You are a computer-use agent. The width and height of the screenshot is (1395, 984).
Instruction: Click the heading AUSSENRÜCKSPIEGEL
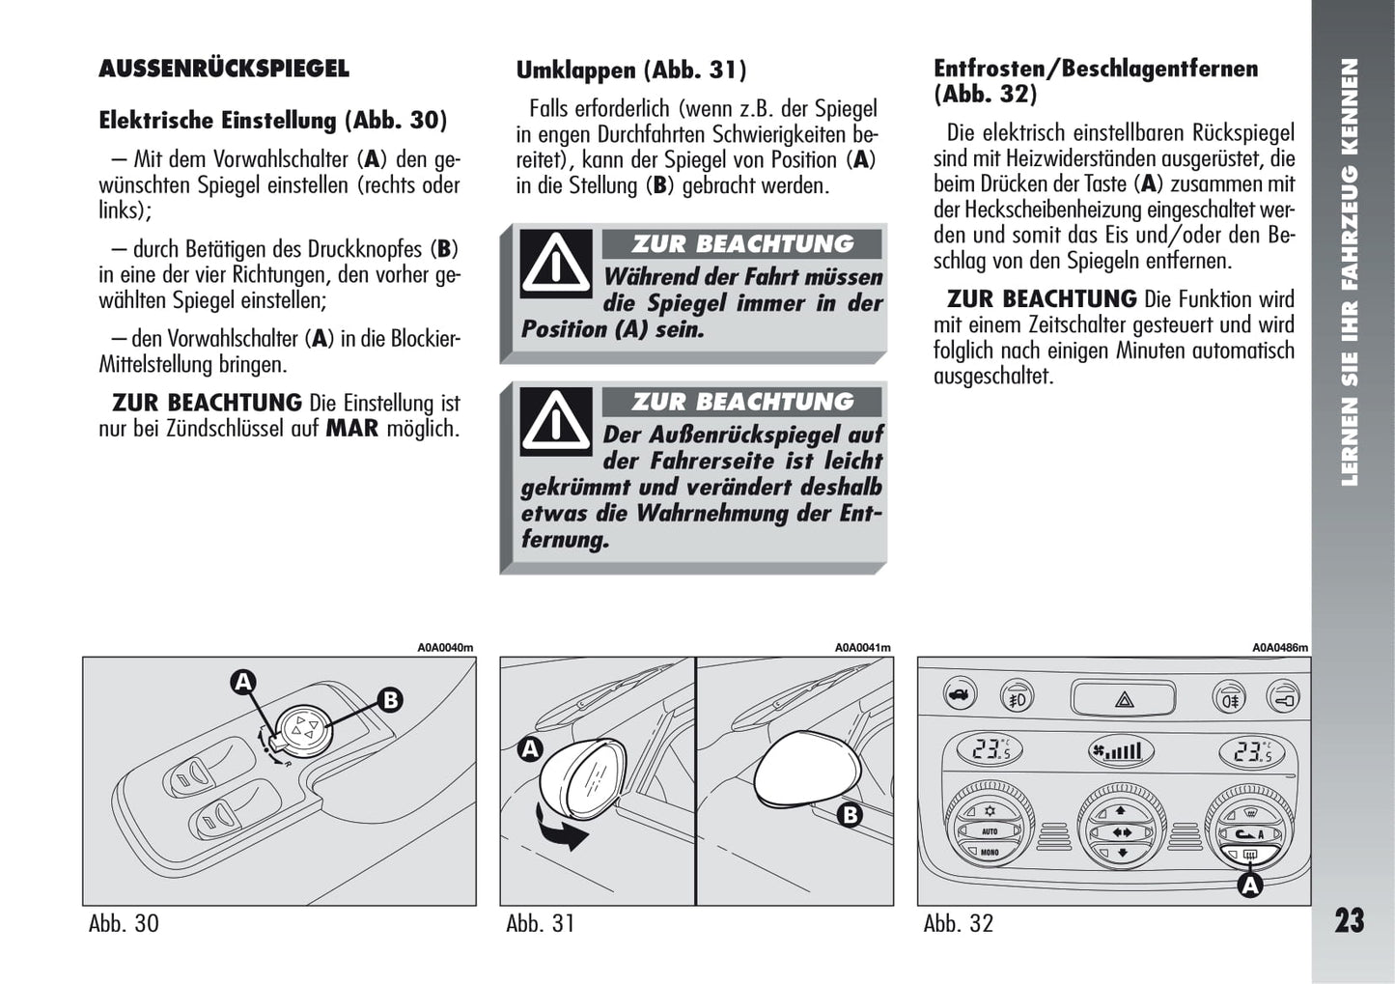pyautogui.click(x=223, y=69)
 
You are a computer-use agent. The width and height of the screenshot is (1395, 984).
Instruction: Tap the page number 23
pyautogui.click(x=1349, y=920)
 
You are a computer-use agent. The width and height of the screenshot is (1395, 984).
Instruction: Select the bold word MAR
pyautogui.click(x=351, y=428)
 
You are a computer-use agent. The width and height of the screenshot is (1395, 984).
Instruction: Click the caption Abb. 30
pyautogui.click(x=124, y=923)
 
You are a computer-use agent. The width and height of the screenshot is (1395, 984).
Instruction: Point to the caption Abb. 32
pyautogui.click(x=958, y=923)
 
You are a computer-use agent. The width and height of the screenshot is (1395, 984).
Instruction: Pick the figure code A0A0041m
pyautogui.click(x=862, y=648)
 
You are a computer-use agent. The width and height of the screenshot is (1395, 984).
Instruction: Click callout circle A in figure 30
pyautogui.click(x=243, y=683)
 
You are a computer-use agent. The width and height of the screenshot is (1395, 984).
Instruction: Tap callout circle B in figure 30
pyautogui.click(x=389, y=699)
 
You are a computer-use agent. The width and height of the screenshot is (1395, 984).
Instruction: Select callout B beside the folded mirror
pyautogui.click(x=850, y=815)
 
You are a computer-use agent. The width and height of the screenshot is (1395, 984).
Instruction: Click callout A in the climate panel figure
pyautogui.click(x=1250, y=885)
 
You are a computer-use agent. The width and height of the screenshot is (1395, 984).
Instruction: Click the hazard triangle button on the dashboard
pyautogui.click(x=1125, y=697)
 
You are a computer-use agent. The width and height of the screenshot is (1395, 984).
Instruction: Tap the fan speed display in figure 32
pyautogui.click(x=1114, y=750)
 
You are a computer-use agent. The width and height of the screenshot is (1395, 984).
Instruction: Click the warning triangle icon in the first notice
pyautogui.click(x=556, y=263)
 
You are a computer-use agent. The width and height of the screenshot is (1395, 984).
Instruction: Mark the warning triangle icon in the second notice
pyautogui.click(x=556, y=420)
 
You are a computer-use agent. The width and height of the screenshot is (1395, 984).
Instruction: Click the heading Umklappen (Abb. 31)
pyautogui.click(x=630, y=70)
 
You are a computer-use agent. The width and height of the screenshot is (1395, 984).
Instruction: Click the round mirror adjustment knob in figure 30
pyautogui.click(x=303, y=726)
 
